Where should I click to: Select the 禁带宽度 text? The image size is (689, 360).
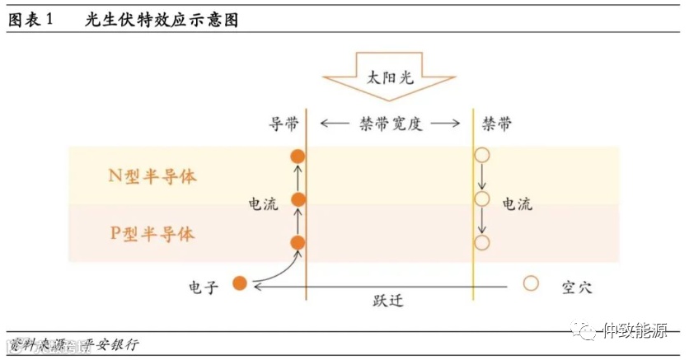pos(390,124)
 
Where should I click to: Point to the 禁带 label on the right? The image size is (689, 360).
pos(497,124)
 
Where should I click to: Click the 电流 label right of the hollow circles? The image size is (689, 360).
pos(518,203)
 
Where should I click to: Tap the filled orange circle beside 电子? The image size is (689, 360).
pos(240,283)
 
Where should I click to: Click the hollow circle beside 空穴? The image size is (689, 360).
pos(531,283)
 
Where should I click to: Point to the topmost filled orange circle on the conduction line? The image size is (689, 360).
pos(298,156)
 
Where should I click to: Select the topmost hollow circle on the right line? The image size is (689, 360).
pos(482,155)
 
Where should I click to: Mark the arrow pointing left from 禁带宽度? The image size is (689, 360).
pos(334,124)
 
